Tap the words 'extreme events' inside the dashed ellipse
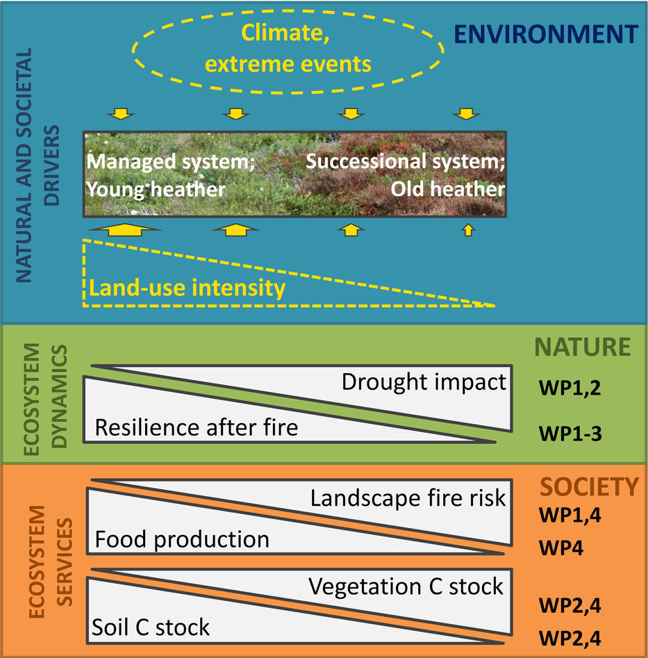[289, 64]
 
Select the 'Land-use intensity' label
[187, 288]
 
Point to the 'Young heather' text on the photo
[155, 188]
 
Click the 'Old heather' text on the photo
[447, 188]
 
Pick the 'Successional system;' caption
[406, 161]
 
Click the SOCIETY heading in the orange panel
[589, 487]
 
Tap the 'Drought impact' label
[424, 382]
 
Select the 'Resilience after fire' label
[196, 427]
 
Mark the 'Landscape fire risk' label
[408, 498]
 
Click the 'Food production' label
[181, 539]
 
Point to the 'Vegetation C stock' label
[406, 586]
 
